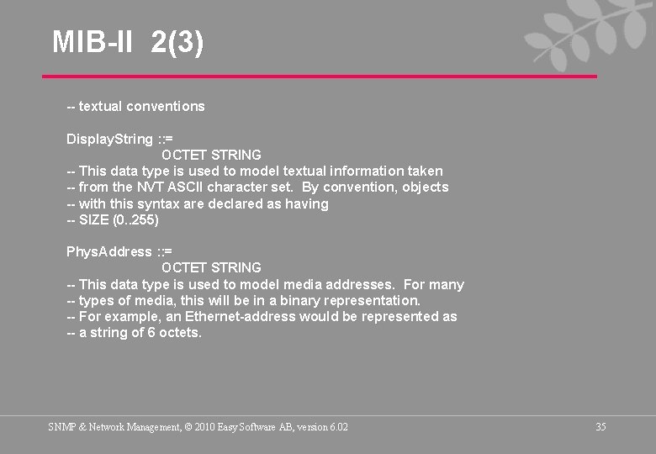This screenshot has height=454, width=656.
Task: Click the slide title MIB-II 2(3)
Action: pos(128,42)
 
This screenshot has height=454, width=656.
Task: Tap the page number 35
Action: pos(600,427)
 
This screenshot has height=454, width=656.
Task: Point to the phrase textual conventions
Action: pos(141,106)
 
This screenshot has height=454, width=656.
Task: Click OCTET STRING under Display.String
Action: pos(211,155)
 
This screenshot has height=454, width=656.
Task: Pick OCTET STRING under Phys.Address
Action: pos(211,267)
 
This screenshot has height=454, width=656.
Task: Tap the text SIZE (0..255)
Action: pos(119,219)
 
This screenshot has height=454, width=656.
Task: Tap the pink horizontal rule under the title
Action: pos(320,77)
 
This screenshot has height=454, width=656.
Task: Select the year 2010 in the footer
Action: pos(204,427)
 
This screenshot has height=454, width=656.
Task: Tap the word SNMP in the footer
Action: pos(61,427)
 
